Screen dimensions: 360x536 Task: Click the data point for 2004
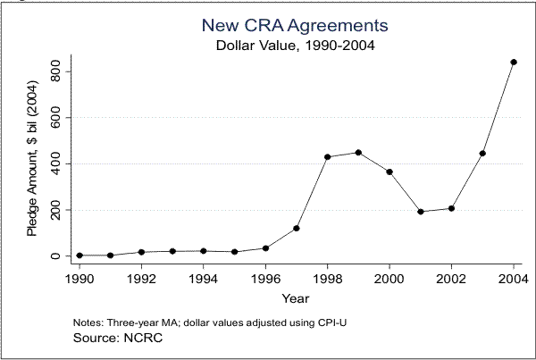click(513, 62)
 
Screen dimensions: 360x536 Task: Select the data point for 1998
click(327, 156)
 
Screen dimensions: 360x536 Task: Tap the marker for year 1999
click(358, 152)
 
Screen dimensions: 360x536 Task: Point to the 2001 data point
click(420, 212)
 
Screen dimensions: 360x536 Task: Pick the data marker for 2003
click(482, 153)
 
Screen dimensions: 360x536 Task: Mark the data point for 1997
click(296, 228)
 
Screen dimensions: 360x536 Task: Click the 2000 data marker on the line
click(389, 172)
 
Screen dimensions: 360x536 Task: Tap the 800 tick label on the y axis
click(55, 71)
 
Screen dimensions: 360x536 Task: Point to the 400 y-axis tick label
click(55, 163)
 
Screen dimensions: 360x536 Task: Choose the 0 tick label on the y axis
click(55, 256)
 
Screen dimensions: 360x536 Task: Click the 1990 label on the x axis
click(80, 278)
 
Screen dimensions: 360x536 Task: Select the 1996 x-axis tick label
click(265, 278)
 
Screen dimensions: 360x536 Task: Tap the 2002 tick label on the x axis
click(451, 278)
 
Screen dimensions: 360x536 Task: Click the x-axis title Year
click(296, 297)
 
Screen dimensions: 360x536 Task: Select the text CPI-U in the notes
click(331, 322)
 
